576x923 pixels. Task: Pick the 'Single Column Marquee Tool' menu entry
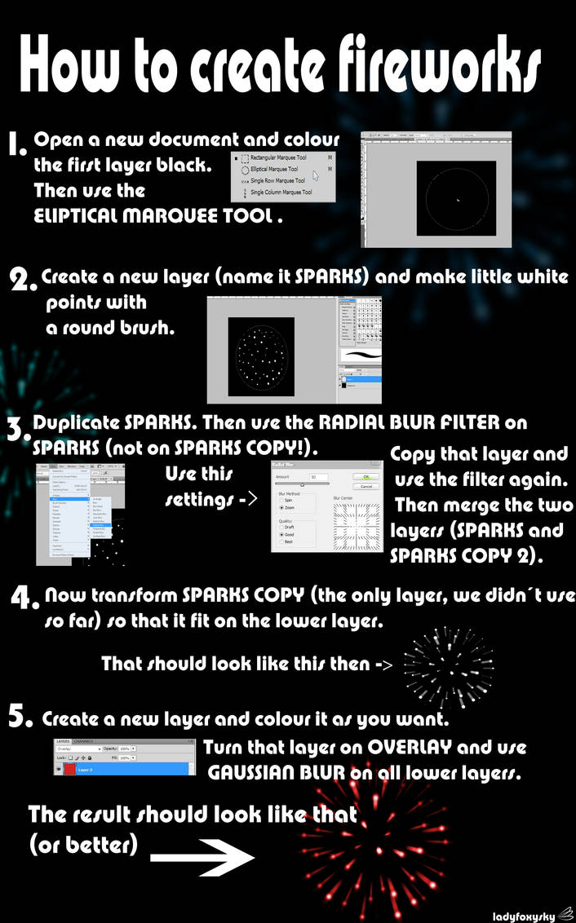point(281,192)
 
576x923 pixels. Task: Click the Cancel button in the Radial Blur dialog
point(366,487)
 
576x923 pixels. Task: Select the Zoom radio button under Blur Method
point(281,507)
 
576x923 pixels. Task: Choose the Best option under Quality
point(281,541)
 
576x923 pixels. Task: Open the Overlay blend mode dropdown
point(78,747)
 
